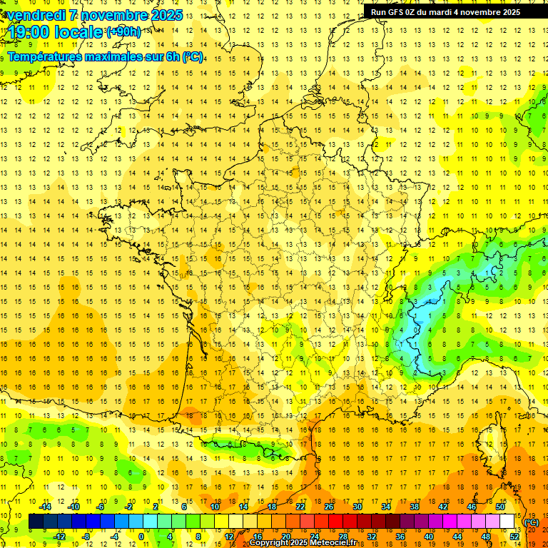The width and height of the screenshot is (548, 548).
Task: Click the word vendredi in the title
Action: pos(34,15)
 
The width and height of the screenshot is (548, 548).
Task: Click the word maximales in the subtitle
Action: pos(108,56)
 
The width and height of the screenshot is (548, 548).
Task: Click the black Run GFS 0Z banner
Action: pos(445,11)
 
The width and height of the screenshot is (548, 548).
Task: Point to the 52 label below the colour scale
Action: pos(514,537)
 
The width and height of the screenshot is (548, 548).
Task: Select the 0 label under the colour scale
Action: pos(141,537)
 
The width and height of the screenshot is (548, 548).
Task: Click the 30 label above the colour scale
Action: pos(357,507)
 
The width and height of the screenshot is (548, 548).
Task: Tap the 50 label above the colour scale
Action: pos(500,507)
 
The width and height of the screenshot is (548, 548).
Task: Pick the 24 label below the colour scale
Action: pos(314,537)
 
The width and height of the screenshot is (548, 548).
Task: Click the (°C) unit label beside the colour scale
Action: pos(532,522)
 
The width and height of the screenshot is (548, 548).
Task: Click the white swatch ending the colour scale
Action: pos(507,522)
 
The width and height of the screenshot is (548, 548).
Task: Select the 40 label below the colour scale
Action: pos(429,537)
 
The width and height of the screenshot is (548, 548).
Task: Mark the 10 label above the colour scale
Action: pos(214,507)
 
